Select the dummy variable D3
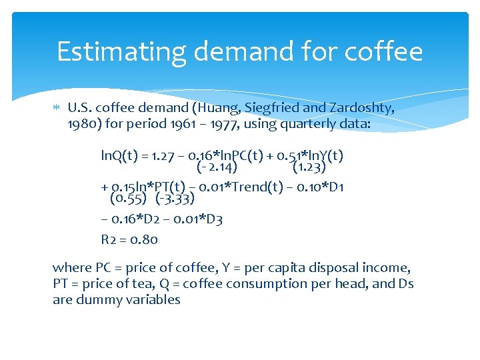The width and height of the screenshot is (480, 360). [x=213, y=219]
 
